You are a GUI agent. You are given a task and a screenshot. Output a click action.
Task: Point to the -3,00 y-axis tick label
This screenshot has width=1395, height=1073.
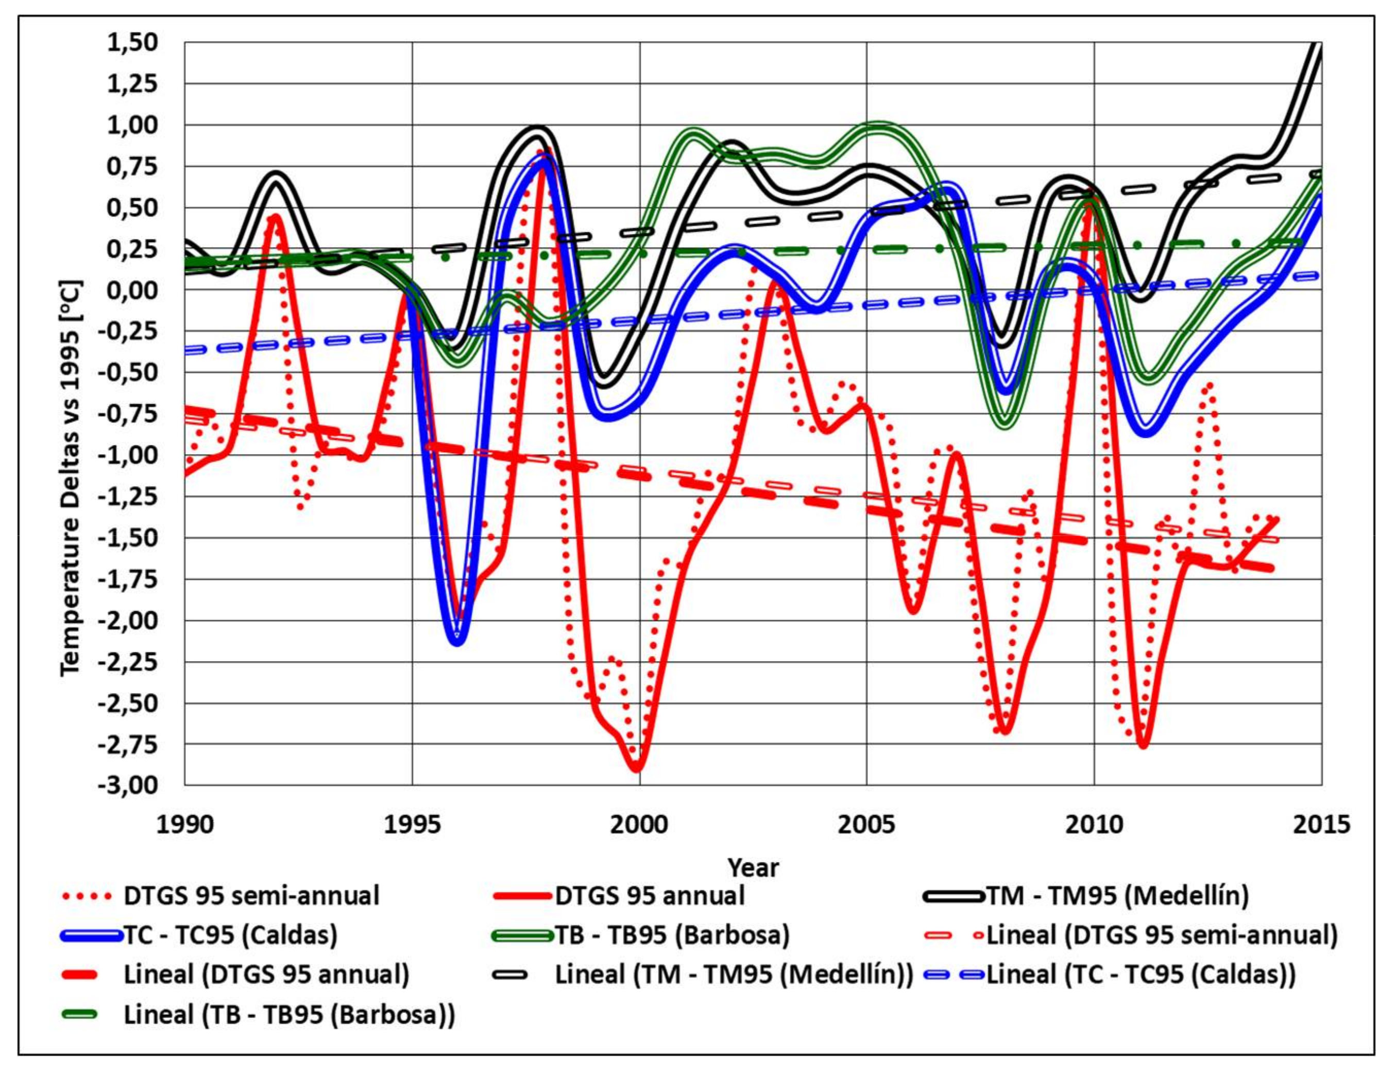(x=128, y=785)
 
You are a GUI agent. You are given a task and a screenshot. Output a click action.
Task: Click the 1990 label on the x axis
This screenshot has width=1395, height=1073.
(x=185, y=824)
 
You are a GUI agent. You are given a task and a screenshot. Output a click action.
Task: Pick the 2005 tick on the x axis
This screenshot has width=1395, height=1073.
(x=867, y=824)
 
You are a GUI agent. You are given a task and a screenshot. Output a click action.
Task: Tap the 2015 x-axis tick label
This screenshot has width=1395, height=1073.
(x=1321, y=824)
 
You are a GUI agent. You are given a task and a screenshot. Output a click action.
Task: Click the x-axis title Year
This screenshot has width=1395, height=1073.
(x=754, y=868)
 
